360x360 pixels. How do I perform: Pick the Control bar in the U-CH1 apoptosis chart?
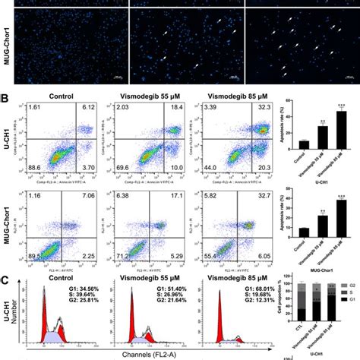pyautogui.click(x=305, y=142)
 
